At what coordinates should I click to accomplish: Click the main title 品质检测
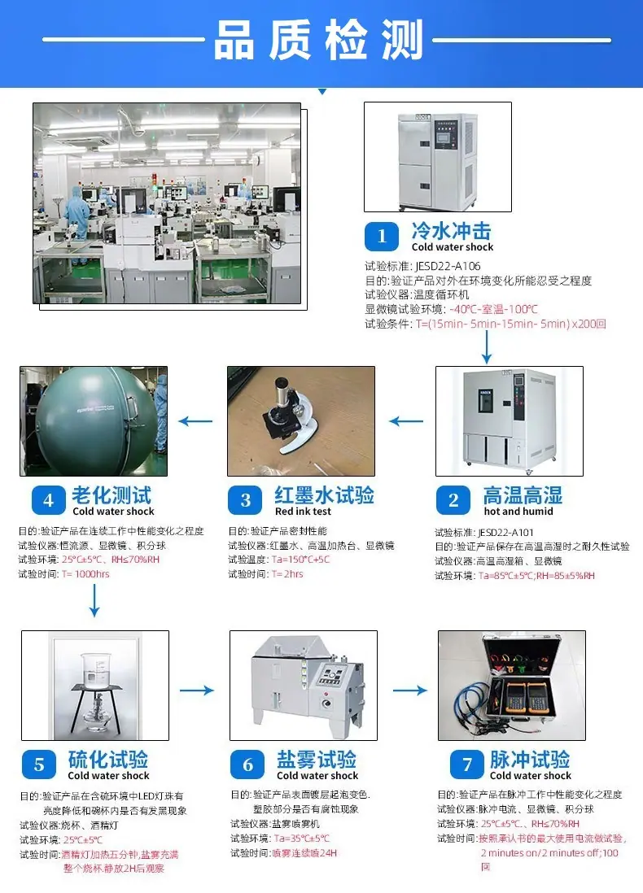[318, 40]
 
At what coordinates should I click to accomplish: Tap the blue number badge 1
[382, 237]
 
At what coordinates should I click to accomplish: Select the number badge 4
[49, 501]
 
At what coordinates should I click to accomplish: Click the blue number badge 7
[467, 764]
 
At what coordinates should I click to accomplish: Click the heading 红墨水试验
[324, 494]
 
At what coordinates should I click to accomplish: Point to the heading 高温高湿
[523, 494]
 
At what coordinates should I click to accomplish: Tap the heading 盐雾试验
[317, 759]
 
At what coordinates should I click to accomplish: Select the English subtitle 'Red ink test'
[303, 512]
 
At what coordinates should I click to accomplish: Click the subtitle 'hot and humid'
[518, 512]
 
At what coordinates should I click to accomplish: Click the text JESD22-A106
[448, 266]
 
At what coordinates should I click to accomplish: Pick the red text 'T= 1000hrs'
[85, 574]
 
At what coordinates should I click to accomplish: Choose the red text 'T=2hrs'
[287, 574]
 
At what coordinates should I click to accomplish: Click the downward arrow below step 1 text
[486, 346]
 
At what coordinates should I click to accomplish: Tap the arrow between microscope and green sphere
[195, 421]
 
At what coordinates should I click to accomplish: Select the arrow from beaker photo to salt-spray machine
[197, 690]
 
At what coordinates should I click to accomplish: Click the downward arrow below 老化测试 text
[94, 600]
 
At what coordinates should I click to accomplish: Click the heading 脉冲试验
[530, 759]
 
